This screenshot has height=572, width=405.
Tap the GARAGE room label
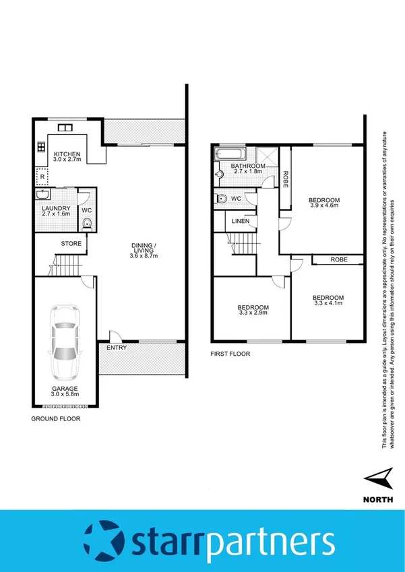[x=66, y=389]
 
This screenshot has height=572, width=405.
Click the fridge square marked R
[x=42, y=177]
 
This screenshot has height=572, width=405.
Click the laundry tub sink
[x=42, y=195]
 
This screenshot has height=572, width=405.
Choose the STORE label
[x=71, y=243]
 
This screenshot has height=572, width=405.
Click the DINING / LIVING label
[x=144, y=248]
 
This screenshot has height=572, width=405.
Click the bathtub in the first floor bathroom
[x=222, y=154]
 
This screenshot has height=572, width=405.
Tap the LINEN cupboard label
[x=240, y=221]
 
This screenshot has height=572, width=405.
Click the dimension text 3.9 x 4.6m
[x=324, y=206]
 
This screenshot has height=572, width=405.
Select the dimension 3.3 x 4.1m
[x=328, y=303]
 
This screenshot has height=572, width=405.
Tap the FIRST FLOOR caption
[x=230, y=353]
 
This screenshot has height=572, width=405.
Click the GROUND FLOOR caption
[x=56, y=418]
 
